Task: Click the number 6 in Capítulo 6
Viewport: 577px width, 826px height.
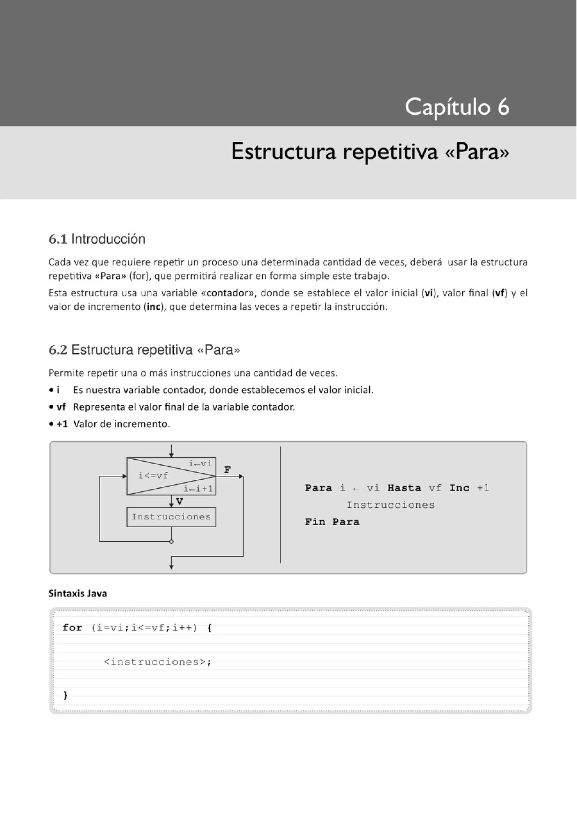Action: (503, 107)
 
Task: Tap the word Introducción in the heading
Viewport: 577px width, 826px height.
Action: (108, 239)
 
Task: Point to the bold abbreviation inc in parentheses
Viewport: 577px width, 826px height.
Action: (153, 307)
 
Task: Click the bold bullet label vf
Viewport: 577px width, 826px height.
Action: (61, 407)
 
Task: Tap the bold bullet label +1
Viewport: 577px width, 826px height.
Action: (62, 424)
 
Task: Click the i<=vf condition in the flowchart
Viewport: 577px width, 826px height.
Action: (153, 476)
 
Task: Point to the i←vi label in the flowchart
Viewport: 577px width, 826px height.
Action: (200, 464)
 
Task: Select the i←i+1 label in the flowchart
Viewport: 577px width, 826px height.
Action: (198, 489)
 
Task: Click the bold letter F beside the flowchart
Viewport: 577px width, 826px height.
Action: (227, 470)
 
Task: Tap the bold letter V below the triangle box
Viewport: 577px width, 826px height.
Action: (179, 501)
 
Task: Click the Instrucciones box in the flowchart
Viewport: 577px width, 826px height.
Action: (171, 517)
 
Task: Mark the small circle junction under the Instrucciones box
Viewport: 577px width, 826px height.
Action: (171, 541)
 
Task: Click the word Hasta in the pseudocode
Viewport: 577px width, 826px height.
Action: (404, 488)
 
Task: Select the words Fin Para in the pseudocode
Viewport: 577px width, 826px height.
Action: (332, 522)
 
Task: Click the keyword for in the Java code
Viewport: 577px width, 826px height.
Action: (72, 628)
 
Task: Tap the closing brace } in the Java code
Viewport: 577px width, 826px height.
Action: (65, 696)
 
